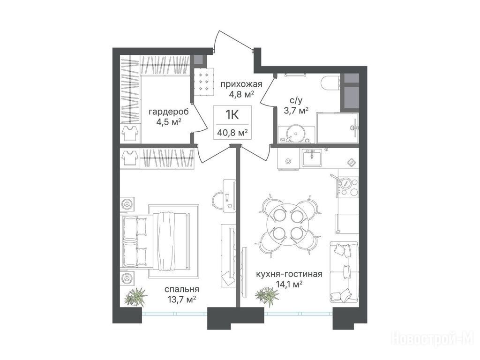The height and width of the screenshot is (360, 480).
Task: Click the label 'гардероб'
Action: tap(168, 112)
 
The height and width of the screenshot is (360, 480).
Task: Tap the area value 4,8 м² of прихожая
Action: tap(242, 94)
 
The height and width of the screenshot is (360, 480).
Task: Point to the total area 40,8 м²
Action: tap(232, 133)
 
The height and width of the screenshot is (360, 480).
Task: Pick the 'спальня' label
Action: tap(182, 289)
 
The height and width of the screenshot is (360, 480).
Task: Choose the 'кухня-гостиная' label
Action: tap(289, 274)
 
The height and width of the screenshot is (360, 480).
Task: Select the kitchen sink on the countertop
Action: tap(312, 157)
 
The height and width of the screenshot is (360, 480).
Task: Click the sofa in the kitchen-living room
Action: tap(344, 271)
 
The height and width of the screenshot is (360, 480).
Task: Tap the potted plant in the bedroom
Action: tap(136, 296)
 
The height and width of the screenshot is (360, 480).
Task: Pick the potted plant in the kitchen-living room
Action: tap(267, 296)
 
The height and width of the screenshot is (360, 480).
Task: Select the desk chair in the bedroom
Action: tap(218, 199)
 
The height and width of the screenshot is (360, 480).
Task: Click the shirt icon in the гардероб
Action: tap(129, 133)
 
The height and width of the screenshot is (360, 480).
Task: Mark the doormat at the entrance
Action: tap(204, 82)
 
